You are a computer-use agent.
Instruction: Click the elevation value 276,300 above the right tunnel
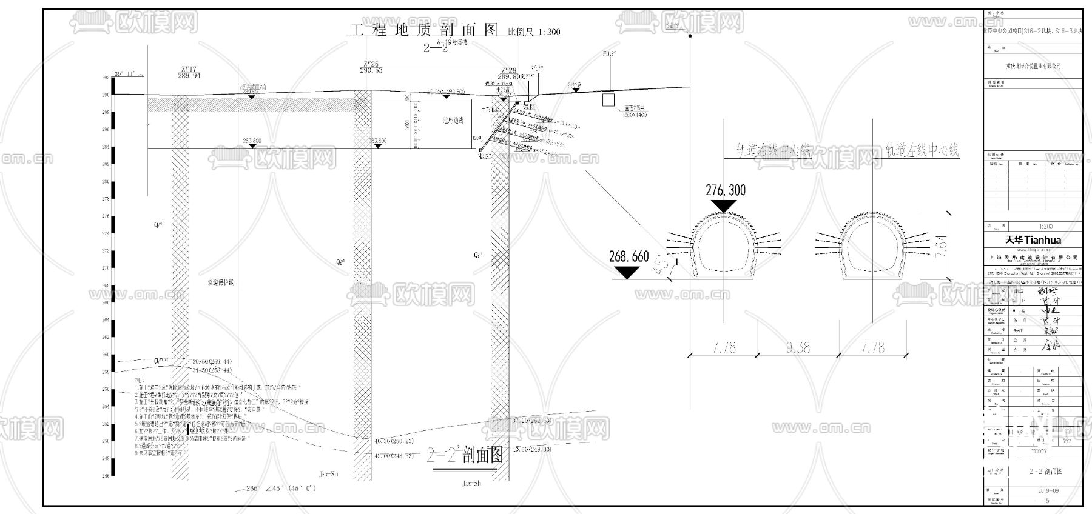coord(725,190)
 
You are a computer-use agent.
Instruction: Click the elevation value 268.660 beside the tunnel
coord(629,257)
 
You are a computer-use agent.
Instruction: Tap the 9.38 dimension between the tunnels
coord(798,347)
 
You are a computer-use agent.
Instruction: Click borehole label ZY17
coord(189,69)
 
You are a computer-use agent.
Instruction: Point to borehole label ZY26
coord(371,64)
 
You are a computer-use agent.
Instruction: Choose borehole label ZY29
coord(508,71)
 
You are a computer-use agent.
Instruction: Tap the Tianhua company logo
coord(1033,240)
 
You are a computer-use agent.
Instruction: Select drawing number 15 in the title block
coord(1046,501)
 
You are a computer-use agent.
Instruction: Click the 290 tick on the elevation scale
coord(106,95)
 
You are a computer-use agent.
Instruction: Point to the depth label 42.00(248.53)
coord(394,455)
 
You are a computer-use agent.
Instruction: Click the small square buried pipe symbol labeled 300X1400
coord(608,99)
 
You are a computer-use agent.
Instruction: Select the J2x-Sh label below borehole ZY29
coord(471,483)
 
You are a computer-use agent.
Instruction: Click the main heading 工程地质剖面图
coord(424,30)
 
